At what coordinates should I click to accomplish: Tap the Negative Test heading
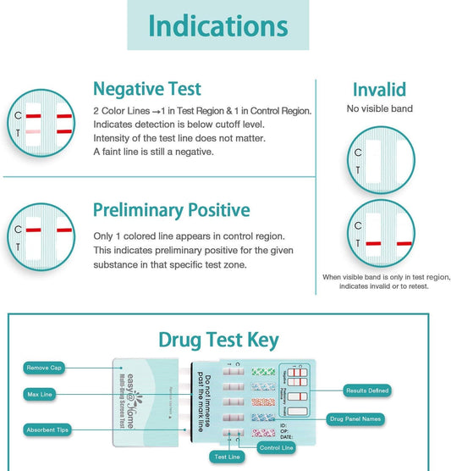pos(147,88)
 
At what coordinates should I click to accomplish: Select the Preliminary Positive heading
pos(171,209)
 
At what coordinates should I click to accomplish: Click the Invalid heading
pos(378,90)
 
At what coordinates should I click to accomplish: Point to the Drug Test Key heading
pos(217,340)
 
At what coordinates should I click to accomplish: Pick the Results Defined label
pos(367,391)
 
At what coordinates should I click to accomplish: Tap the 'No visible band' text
pos(378,108)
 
